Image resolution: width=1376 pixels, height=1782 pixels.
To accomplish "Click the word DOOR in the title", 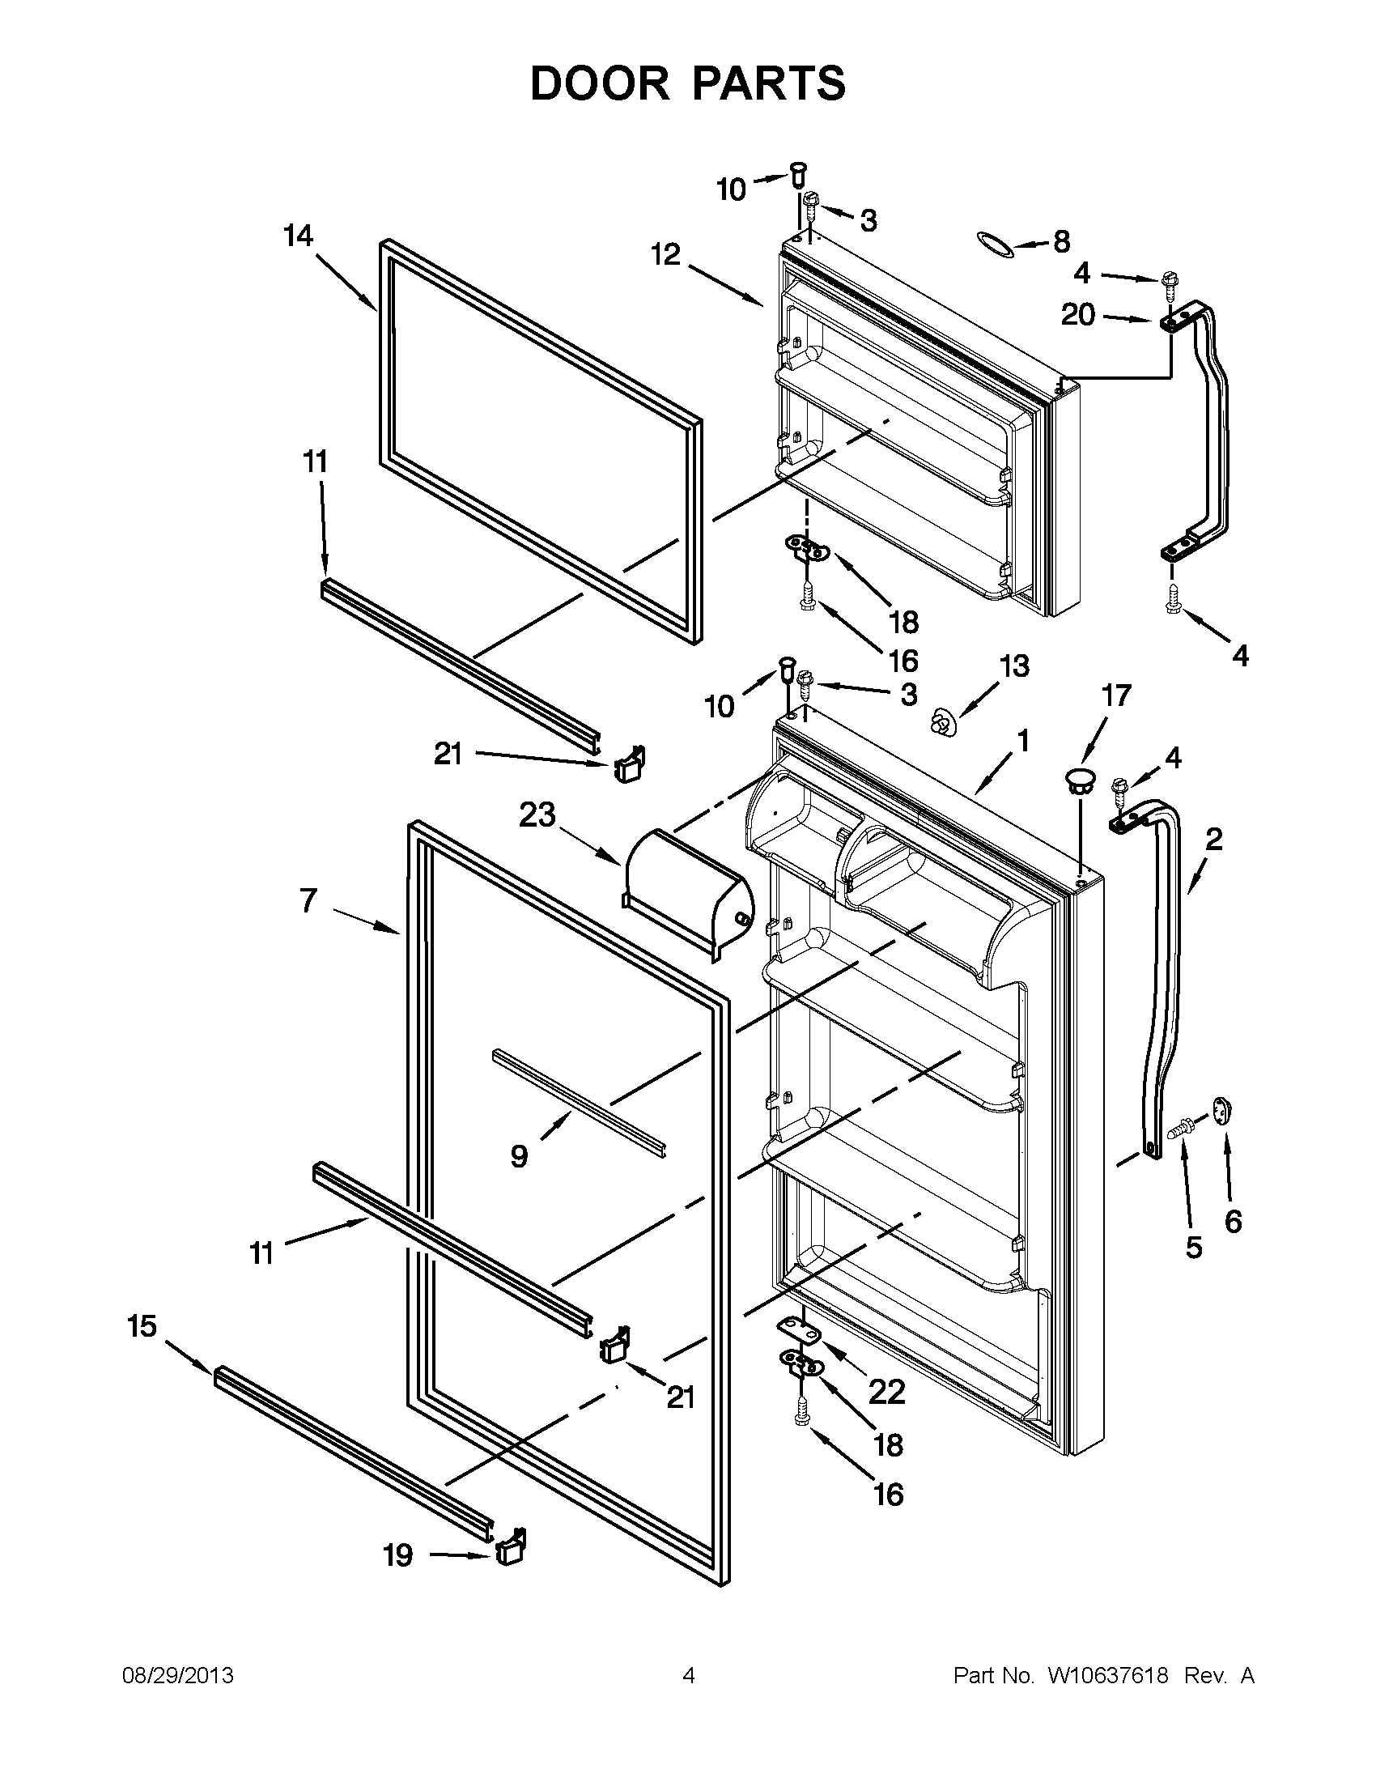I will (x=599, y=84).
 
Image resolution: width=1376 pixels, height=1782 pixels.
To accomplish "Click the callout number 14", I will (x=299, y=236).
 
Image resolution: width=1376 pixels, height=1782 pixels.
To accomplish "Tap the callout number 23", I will (x=538, y=814).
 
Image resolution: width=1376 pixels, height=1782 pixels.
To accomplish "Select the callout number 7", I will (x=308, y=901).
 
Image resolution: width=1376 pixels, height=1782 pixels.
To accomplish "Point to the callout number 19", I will (x=398, y=1556).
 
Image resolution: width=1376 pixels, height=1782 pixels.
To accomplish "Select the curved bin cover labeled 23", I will (x=686, y=896).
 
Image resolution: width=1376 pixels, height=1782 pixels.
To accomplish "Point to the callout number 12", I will (x=665, y=254).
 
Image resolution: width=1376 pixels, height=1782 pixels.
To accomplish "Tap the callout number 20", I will (x=1078, y=314).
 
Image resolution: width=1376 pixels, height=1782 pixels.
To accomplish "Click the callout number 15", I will (x=142, y=1326).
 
